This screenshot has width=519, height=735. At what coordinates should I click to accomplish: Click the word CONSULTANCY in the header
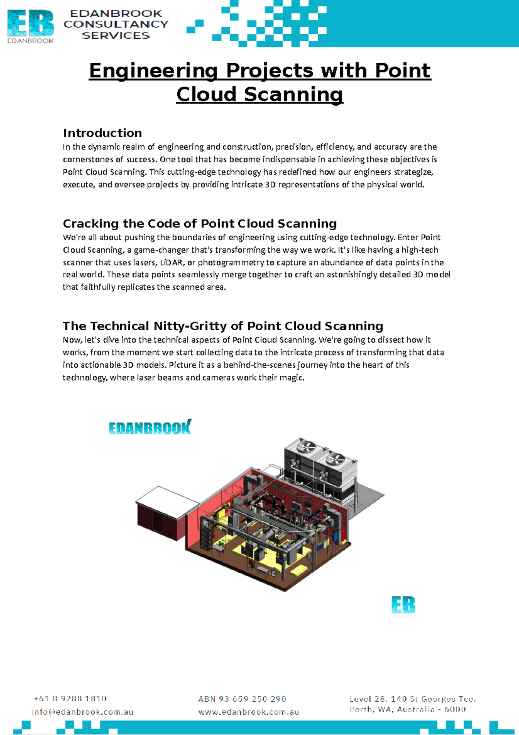coord(116,24)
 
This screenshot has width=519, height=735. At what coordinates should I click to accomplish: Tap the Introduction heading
coord(102,133)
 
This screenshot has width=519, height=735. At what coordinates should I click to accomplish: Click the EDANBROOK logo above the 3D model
coord(150,428)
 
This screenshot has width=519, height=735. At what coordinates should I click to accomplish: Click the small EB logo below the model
coord(403,605)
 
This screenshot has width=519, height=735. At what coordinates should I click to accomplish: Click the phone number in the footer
coord(70,698)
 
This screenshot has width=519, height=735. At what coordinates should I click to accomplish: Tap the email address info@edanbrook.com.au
coord(82,712)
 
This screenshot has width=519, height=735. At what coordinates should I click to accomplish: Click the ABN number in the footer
coord(242,699)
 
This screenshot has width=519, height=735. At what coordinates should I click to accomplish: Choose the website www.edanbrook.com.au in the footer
coord(249,712)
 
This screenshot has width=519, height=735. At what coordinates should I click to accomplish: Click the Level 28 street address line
coord(412,699)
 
